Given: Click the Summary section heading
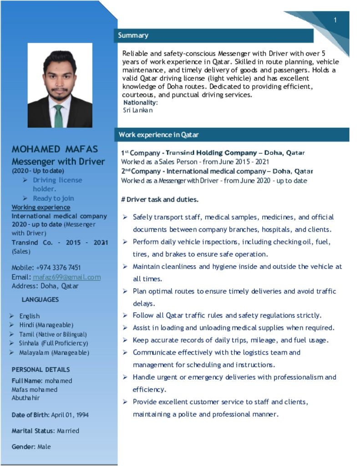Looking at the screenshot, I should click(133, 35).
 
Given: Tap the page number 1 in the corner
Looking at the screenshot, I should click(335, 20).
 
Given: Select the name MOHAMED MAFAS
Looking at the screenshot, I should click(55, 149).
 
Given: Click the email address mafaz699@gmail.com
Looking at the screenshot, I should click(66, 277).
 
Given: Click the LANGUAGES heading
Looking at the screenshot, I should click(40, 300).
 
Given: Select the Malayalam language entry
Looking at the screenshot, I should click(54, 353).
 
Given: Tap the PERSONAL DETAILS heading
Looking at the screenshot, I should click(41, 370).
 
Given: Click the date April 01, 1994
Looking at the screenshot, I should click(70, 415).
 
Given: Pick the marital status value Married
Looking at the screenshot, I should click(68, 431).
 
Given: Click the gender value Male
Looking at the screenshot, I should click(44, 447).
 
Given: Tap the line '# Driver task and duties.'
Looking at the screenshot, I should click(160, 199).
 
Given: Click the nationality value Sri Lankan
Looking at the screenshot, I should click(138, 110).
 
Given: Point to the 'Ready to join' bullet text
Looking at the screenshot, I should click(53, 198).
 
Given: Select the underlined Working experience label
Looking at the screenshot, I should click(41, 208).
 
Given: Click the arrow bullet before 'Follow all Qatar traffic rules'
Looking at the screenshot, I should click(125, 315).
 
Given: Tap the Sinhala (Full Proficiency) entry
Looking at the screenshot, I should click(53, 344).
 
